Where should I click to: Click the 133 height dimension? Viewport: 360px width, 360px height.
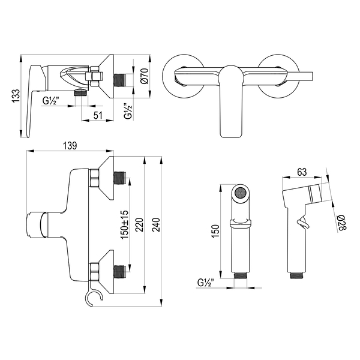(x=16, y=96)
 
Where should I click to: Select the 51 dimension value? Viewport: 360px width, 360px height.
(x=98, y=115)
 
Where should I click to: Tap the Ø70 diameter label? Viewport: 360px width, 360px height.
(x=145, y=76)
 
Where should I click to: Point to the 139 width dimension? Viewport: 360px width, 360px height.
(x=70, y=146)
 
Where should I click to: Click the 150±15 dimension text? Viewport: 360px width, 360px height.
(x=125, y=224)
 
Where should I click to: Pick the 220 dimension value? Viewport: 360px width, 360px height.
(x=139, y=225)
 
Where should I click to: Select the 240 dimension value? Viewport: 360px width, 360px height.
(x=156, y=225)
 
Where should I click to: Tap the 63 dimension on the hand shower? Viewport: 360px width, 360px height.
(x=302, y=172)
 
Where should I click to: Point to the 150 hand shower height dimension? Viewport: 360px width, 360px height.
(x=216, y=231)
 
